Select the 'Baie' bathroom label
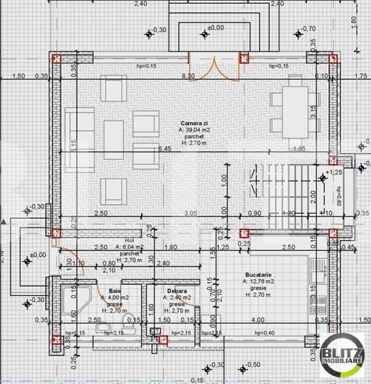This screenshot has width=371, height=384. [114, 290]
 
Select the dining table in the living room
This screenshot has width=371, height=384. [295, 102]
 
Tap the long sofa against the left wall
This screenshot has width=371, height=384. [74, 141]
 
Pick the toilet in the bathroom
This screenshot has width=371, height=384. [127, 327]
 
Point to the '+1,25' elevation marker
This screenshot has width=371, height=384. [333, 173]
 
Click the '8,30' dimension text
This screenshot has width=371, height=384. [188, 76]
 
